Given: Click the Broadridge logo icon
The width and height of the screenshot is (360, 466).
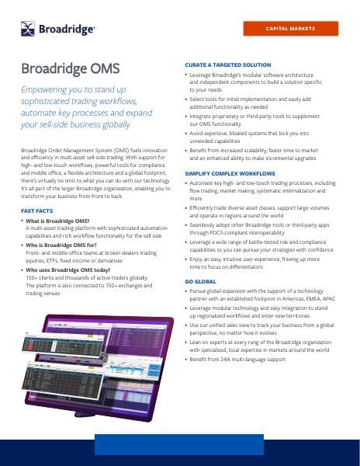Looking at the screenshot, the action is [x=29, y=29].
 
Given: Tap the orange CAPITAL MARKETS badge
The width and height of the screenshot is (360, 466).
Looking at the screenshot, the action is [x=290, y=28].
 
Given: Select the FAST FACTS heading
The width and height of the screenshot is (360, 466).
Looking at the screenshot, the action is [x=37, y=210].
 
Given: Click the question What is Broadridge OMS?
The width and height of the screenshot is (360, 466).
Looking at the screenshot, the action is [x=61, y=221].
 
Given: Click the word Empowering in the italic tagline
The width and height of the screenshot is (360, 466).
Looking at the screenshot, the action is [x=47, y=91].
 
